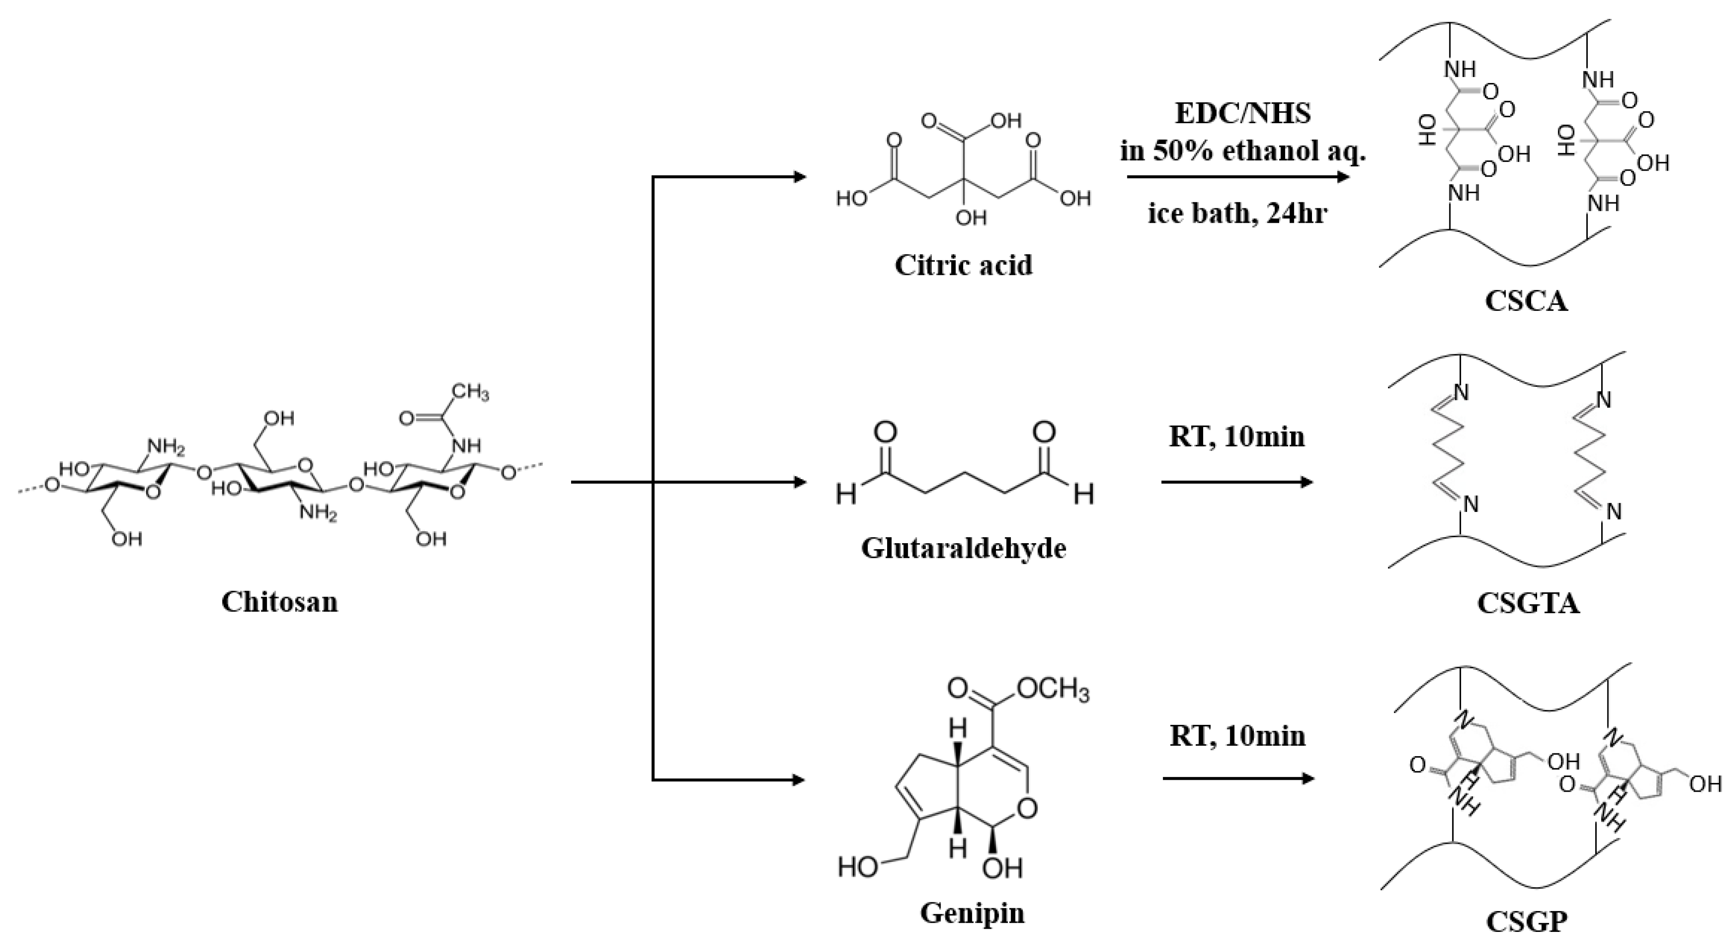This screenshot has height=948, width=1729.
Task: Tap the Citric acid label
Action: click(963, 265)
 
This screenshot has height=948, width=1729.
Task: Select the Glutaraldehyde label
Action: click(964, 548)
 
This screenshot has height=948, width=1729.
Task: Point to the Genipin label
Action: click(972, 913)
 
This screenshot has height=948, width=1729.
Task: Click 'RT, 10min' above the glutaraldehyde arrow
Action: click(1237, 437)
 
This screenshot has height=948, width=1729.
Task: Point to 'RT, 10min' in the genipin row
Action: click(1238, 736)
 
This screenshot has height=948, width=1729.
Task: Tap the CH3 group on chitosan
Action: click(470, 392)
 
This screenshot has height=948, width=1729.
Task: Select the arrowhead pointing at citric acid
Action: click(799, 177)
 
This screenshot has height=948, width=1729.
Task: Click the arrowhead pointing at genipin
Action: click(799, 780)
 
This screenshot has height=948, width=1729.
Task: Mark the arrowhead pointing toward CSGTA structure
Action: click(1306, 482)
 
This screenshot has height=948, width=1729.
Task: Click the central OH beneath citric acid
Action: click(971, 217)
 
